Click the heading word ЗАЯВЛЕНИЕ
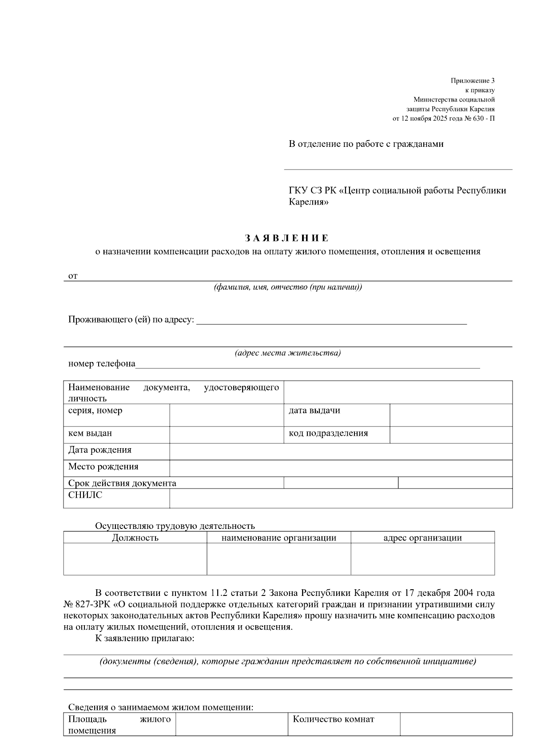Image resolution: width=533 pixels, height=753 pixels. click(287, 238)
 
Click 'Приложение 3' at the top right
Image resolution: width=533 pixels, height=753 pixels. click(472, 81)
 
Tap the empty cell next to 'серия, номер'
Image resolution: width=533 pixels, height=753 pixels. click(227, 415)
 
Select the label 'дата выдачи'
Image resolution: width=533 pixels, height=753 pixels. click(314, 410)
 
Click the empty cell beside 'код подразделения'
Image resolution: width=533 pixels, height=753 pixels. click(451, 435)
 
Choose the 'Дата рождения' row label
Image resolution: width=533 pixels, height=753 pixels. click(100, 450)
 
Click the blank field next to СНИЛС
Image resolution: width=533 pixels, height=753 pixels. click(341, 498)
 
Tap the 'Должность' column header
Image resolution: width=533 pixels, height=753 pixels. click(135, 538)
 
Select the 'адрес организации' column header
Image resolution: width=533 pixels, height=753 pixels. click(422, 538)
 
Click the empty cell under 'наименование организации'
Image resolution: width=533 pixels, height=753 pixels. click(278, 559)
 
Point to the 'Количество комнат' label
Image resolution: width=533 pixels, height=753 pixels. click(333, 719)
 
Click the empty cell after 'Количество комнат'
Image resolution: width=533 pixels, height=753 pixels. click(456, 724)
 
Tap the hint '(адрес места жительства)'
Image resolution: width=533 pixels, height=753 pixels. click(287, 353)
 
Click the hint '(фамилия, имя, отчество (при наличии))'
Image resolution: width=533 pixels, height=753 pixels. click(288, 287)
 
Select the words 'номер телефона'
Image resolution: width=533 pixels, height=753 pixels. click(102, 364)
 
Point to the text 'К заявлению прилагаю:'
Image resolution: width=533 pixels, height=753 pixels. click(145, 639)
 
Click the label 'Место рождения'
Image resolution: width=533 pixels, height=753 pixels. click(103, 467)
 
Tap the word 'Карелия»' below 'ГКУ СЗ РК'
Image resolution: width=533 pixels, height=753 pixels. click(309, 202)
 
